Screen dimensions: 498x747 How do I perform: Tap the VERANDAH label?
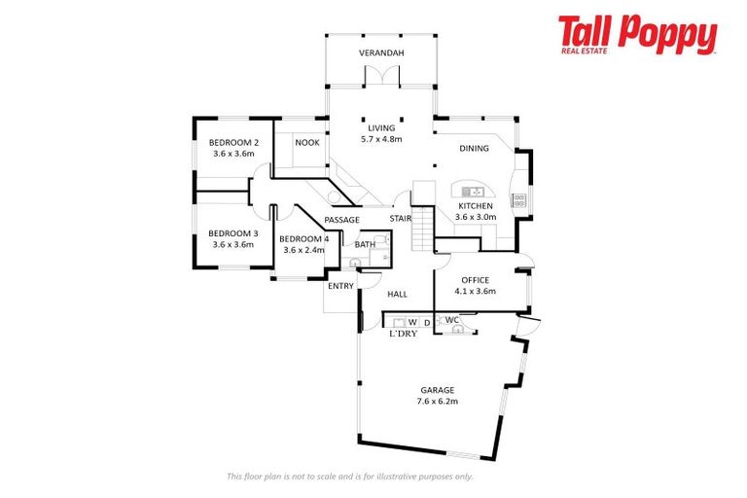(381, 53)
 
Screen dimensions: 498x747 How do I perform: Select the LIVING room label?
(381, 127)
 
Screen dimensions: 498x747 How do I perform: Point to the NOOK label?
(307, 142)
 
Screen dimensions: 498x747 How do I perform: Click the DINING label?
(475, 148)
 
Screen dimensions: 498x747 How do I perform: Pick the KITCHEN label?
(476, 206)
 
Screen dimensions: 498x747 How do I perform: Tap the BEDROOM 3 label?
(233, 233)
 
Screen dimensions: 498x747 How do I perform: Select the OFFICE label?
(476, 280)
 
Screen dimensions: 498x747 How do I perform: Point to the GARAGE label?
(438, 390)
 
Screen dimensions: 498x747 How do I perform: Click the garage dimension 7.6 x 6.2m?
(438, 401)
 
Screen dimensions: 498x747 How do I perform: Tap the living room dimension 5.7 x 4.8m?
(381, 138)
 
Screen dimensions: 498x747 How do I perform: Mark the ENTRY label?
(340, 286)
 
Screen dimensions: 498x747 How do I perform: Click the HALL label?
(397, 294)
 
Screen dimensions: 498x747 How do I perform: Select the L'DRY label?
(403, 334)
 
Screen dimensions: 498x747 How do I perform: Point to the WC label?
(451, 320)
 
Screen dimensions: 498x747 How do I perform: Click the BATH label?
(364, 245)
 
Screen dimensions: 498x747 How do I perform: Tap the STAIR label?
(401, 220)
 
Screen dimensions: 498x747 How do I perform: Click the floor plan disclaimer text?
(350, 476)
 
